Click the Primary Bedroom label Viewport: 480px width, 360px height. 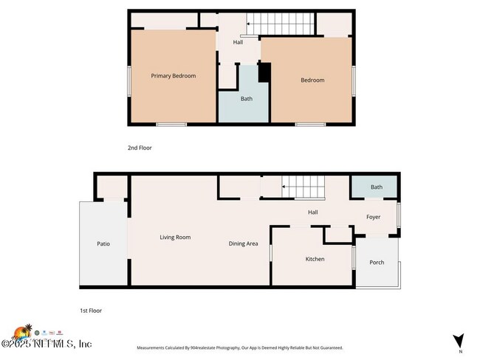click(x=174, y=76)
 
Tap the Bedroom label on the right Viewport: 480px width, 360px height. click(x=312, y=80)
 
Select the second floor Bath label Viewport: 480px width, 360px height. click(x=246, y=99)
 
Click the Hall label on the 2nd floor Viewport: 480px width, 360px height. click(x=238, y=42)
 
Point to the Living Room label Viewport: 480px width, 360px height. click(x=176, y=238)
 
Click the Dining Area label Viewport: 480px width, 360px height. click(x=243, y=243)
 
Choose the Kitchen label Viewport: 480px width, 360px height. click(x=315, y=259)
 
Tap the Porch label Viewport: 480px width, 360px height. click(x=377, y=263)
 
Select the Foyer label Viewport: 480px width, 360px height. click(x=374, y=217)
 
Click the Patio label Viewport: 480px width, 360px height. click(x=103, y=243)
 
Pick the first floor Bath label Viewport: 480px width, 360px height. click(x=377, y=187)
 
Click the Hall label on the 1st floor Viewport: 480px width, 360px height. click(x=313, y=212)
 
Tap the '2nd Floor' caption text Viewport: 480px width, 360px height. click(x=140, y=148)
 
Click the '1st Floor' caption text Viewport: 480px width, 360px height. click(x=92, y=311)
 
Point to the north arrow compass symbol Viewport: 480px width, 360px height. click(x=459, y=342)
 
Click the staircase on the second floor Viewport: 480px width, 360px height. click(x=280, y=24)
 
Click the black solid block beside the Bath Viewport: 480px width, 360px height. click(x=264, y=73)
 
